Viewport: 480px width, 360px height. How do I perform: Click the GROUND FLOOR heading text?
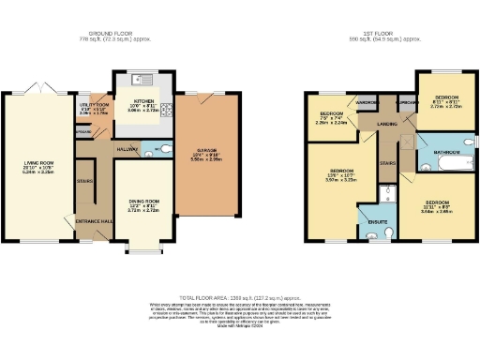click(x=115, y=35)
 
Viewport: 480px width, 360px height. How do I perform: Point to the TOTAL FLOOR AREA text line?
click(x=241, y=294)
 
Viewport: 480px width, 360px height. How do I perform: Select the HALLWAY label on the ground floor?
click(x=127, y=148)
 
